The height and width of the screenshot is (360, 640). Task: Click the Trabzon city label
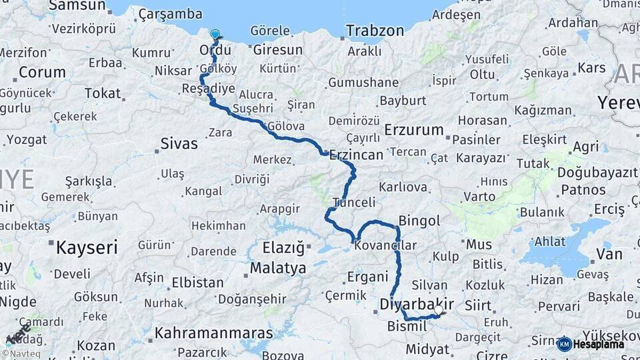click(x=375, y=31)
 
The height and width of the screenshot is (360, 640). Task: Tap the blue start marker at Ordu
click(x=215, y=35)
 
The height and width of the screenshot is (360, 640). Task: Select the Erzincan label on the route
click(x=356, y=155)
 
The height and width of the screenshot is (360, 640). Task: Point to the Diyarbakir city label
click(x=417, y=304)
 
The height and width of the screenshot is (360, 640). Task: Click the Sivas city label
click(x=179, y=143)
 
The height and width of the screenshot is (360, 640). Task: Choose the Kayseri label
click(x=87, y=248)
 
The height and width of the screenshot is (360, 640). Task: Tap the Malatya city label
click(x=278, y=268)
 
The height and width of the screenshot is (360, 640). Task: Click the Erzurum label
click(x=414, y=129)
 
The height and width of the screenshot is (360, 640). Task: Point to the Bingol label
click(x=419, y=220)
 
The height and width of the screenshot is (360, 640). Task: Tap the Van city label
click(x=609, y=253)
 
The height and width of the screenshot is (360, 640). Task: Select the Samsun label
click(x=77, y=6)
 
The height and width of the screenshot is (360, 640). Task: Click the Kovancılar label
click(x=385, y=245)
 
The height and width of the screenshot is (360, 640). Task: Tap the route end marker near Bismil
click(x=440, y=311)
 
